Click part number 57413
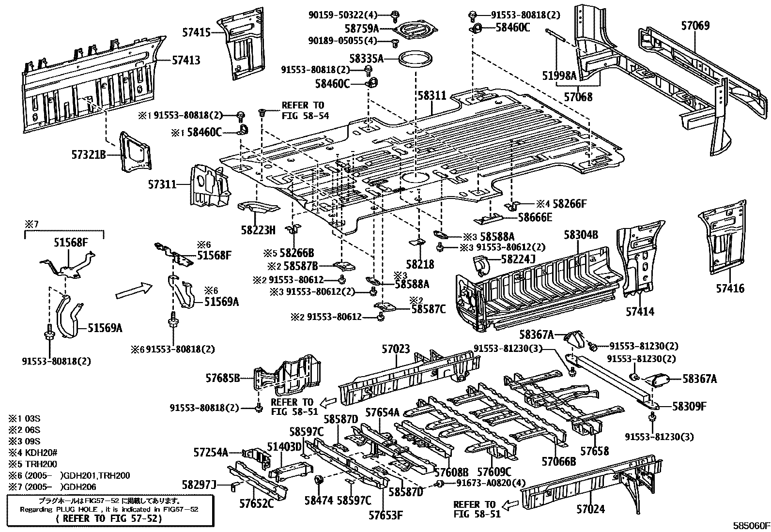tap(186, 60)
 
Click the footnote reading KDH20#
tap(32, 453)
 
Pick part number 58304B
tap(581, 235)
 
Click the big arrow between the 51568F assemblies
tap(134, 291)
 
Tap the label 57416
tap(730, 289)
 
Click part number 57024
tap(590, 509)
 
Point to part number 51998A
tap(559, 75)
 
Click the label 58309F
tap(689, 407)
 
